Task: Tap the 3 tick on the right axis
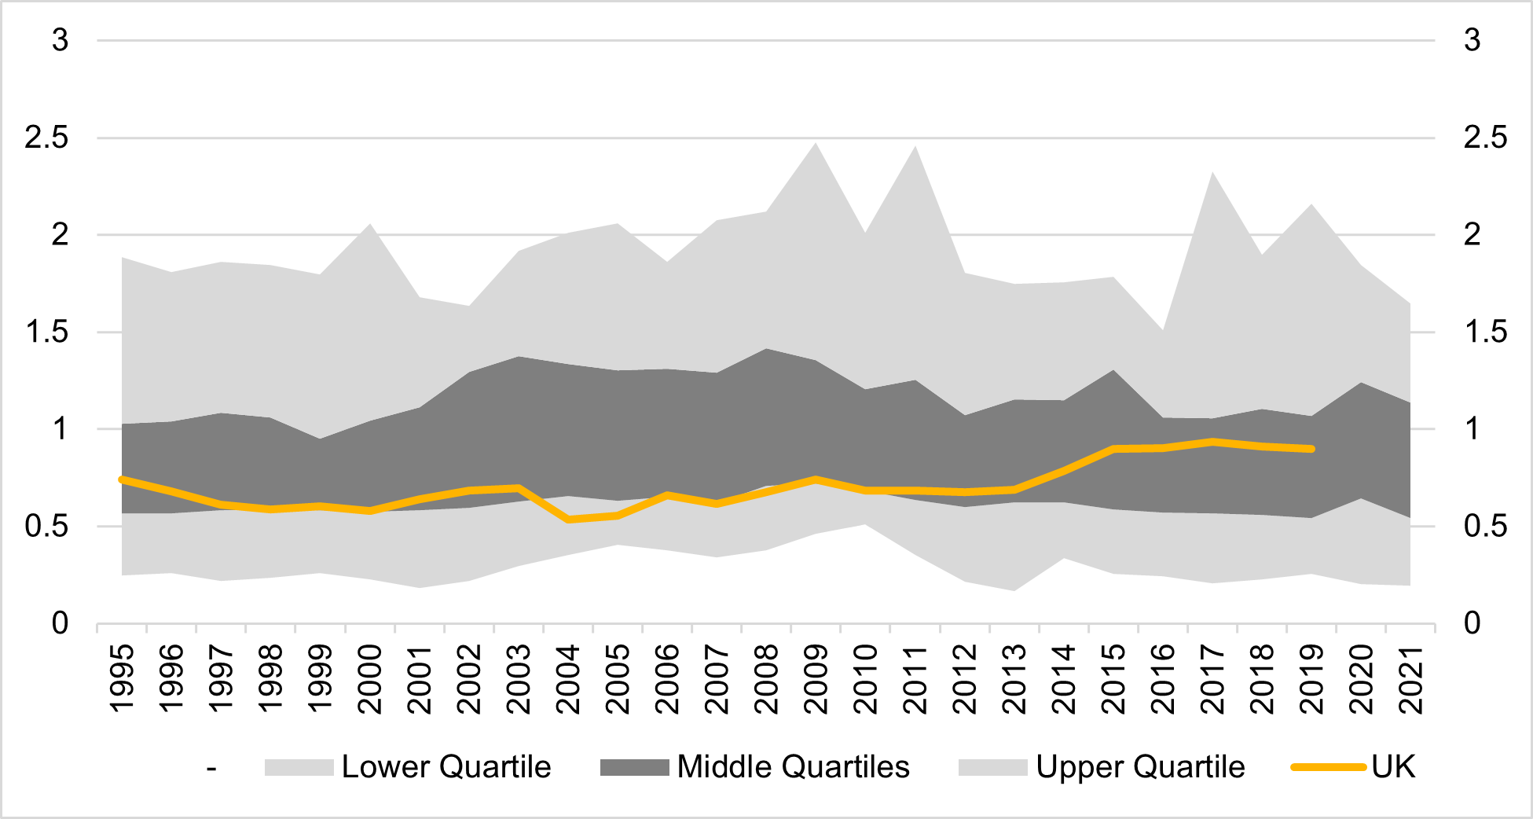pyautogui.click(x=1472, y=40)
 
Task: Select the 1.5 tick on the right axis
pyautogui.click(x=1485, y=332)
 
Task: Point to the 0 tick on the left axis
pyautogui.click(x=60, y=623)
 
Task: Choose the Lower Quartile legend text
pyautogui.click(x=446, y=767)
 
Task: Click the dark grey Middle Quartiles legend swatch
pyautogui.click(x=634, y=767)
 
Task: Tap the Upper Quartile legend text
pyautogui.click(x=1140, y=767)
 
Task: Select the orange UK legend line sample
pyautogui.click(x=1328, y=766)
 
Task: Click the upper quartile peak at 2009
pyautogui.click(x=816, y=144)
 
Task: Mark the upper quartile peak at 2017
pyautogui.click(x=1212, y=173)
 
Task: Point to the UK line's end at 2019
pyautogui.click(x=1311, y=449)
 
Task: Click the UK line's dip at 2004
pyautogui.click(x=568, y=520)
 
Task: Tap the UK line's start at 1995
pyautogui.click(x=122, y=479)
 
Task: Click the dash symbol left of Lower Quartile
pyautogui.click(x=211, y=769)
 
